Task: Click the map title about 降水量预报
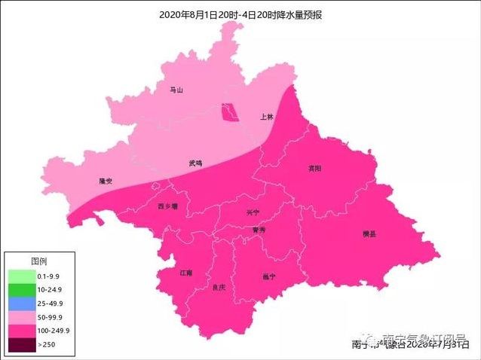tap(240, 14)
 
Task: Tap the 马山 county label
tap(176, 90)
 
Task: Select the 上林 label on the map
tap(266, 117)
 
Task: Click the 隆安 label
tap(106, 182)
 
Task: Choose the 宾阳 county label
tap(314, 168)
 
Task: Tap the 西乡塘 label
tap(167, 206)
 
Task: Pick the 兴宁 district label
tap(253, 213)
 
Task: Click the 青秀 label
tap(259, 230)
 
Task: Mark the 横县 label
tap(369, 234)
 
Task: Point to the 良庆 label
tap(219, 287)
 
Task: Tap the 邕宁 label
tap(268, 276)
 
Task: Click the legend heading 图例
tap(39, 261)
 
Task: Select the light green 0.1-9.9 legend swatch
tap(21, 276)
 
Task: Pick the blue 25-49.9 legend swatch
tap(21, 303)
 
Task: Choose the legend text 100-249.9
tap(54, 330)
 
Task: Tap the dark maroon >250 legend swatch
tap(21, 344)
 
